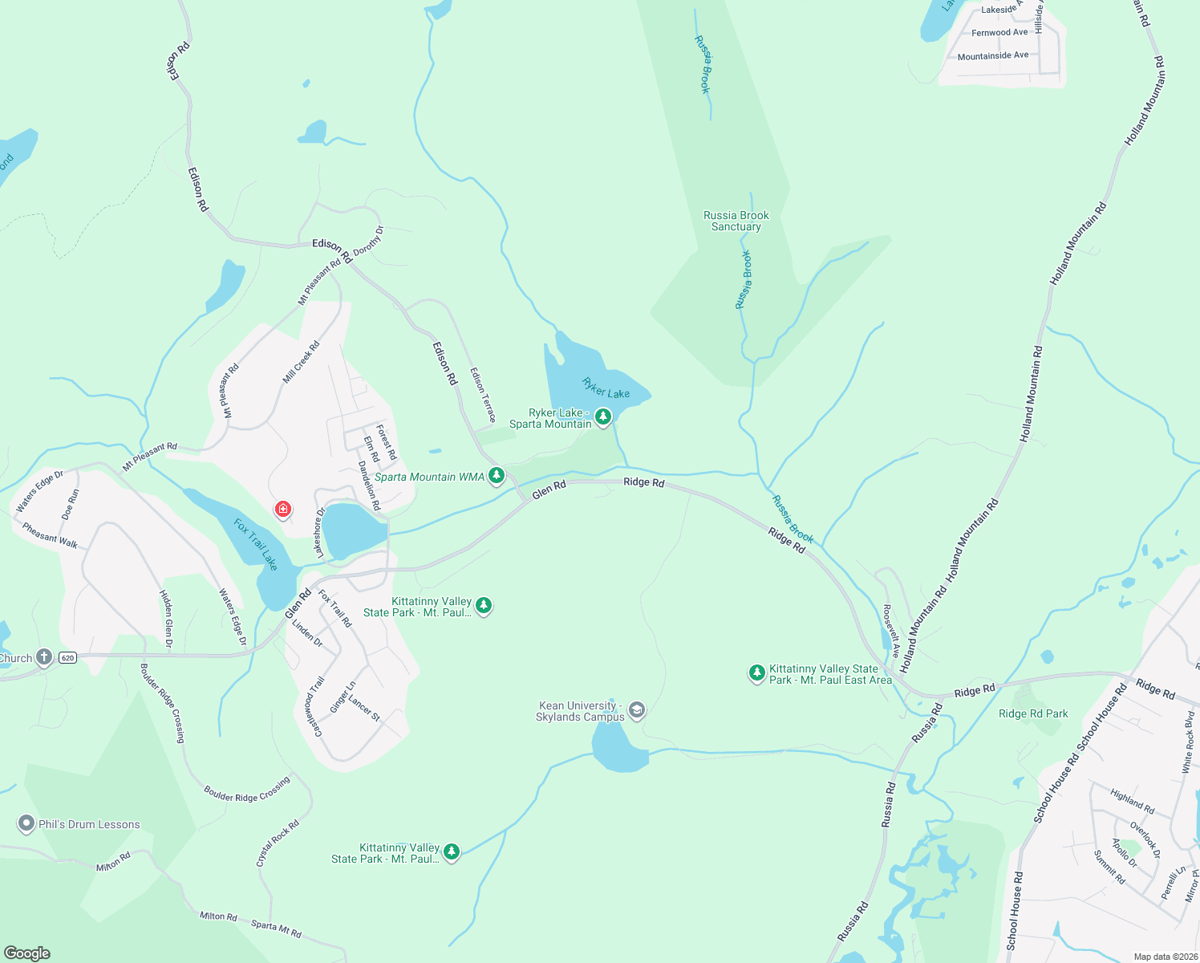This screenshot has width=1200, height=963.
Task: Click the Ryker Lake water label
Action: [x=606, y=388]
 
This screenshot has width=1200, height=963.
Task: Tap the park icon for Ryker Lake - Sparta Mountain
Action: [x=603, y=416]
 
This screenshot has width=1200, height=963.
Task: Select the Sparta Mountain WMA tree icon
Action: [x=497, y=476]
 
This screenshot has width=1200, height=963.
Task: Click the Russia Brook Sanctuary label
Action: [x=736, y=221]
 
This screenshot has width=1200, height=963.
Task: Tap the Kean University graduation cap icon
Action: [x=636, y=709]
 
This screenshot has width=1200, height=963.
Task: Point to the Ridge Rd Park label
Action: [x=1033, y=713]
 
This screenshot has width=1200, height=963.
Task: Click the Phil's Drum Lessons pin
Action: [x=26, y=823]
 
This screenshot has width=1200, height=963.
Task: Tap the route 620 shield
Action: [x=67, y=658]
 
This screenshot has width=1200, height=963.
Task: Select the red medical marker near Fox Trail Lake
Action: [x=282, y=509]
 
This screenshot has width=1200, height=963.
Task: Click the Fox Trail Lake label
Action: [x=256, y=544]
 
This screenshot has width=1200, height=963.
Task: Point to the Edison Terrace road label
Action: [x=483, y=394]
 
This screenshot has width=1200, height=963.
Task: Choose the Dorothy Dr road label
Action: [x=369, y=241]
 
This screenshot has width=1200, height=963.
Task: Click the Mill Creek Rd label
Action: [x=302, y=362]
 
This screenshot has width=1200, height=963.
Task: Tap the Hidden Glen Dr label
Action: [x=166, y=619]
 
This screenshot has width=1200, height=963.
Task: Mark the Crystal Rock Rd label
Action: [x=278, y=843]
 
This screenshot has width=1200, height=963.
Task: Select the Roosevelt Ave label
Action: [x=891, y=631]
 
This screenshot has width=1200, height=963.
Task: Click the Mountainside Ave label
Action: [x=992, y=55]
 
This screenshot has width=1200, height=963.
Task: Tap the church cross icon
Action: [x=44, y=657]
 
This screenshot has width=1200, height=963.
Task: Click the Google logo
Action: [x=27, y=953]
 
